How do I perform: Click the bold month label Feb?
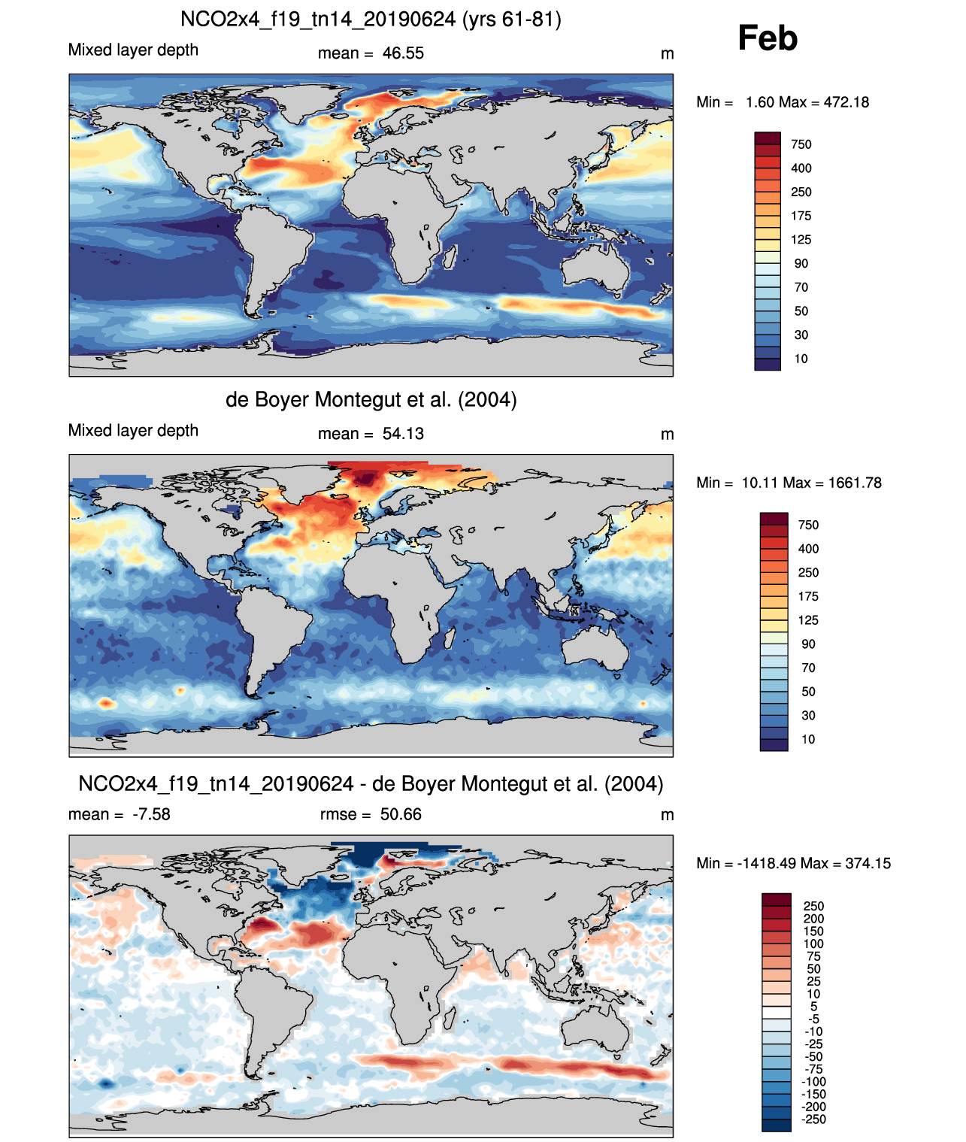[767, 38]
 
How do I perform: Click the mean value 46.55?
[403, 53]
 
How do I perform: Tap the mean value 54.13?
[403, 434]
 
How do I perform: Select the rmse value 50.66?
[401, 814]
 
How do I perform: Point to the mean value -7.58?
[151, 814]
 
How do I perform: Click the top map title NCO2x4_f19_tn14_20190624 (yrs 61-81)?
[371, 19]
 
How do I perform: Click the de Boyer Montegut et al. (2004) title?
[371, 399]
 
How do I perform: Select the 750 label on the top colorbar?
[801, 144]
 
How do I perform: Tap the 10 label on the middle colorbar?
[808, 739]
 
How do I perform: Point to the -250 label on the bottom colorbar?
[814, 1119]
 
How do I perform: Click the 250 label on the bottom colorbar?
[814, 906]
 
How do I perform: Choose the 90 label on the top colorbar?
[801, 263]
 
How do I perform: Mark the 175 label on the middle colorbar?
[808, 596]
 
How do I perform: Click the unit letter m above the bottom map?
[667, 815]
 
